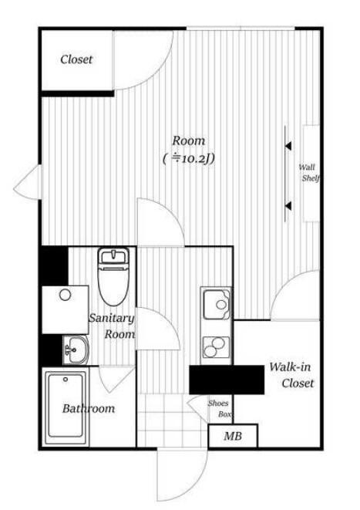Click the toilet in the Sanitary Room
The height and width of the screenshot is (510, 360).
(x=113, y=276)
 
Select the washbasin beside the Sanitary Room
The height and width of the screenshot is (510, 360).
(x=76, y=350)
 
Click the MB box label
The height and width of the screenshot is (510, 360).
(x=233, y=436)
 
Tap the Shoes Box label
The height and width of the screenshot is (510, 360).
(x=220, y=409)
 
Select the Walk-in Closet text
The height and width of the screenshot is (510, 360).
(x=291, y=375)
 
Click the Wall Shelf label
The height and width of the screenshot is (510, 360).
(x=309, y=173)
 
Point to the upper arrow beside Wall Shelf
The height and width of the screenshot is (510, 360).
(x=288, y=146)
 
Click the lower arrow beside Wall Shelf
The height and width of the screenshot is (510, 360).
(x=288, y=206)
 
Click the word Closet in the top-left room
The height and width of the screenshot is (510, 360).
(x=76, y=59)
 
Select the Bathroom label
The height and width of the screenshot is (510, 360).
(x=89, y=408)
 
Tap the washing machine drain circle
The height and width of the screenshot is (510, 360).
(x=65, y=295)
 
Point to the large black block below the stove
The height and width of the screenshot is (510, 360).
(x=227, y=380)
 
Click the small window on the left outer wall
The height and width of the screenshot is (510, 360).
(x=29, y=182)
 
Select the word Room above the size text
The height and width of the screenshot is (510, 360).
(x=188, y=141)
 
